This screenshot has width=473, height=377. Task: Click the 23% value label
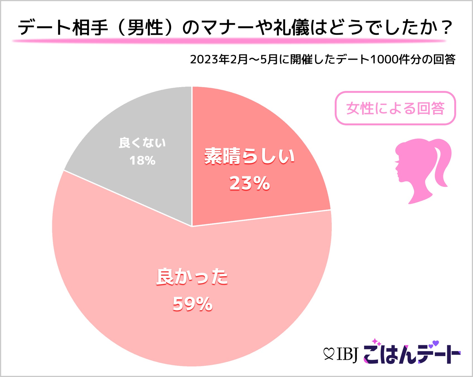coord(250,183)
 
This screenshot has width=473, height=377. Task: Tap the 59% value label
coord(193,304)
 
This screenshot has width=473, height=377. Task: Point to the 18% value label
coord(142,161)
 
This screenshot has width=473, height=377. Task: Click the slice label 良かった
coord(192,277)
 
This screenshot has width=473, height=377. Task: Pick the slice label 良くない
coord(142,143)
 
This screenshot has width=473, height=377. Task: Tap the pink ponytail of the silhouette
coord(441,162)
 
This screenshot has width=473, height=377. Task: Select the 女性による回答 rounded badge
coord(395,108)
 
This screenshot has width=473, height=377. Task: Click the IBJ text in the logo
coord(347,354)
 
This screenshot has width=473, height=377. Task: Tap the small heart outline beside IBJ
coord(329,354)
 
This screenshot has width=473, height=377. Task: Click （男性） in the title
coord(145,28)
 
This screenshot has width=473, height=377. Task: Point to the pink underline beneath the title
coord(229,41)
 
